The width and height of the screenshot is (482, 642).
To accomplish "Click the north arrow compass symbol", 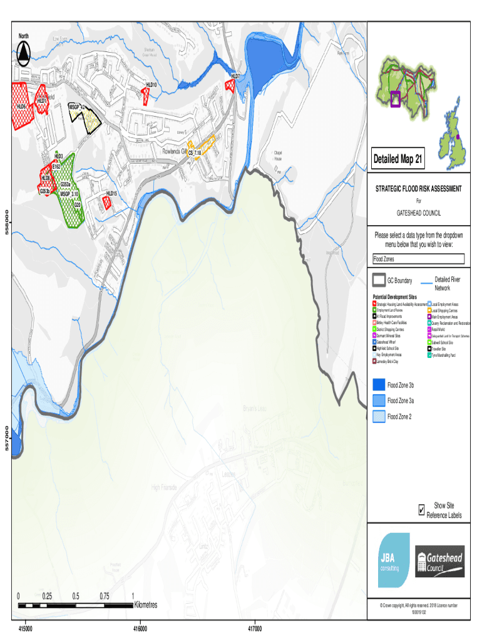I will (24, 55).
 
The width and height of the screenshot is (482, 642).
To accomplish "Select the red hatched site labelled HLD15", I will (107, 202).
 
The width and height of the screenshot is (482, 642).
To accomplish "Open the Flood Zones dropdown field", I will (418, 259).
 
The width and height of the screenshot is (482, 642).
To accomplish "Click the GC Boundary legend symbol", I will (379, 280).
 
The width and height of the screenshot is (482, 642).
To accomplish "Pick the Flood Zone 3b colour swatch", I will (378, 384).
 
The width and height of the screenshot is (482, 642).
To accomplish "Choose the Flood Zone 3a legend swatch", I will (378, 400).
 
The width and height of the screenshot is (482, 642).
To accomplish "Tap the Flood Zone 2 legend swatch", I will (378, 416).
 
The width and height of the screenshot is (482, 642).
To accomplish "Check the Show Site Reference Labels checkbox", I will (421, 510).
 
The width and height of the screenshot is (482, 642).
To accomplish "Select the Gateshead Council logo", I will (440, 561).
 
